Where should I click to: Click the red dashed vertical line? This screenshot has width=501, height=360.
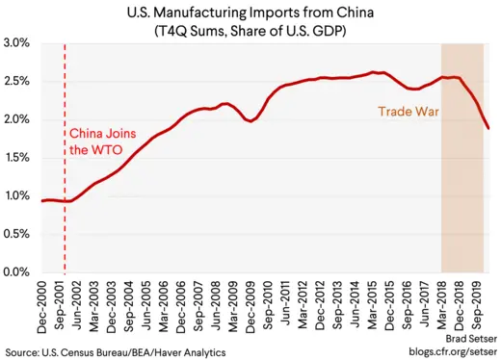pyautogui.click(x=65, y=193)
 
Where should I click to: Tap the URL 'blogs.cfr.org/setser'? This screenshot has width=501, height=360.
pyautogui.click(x=446, y=353)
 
